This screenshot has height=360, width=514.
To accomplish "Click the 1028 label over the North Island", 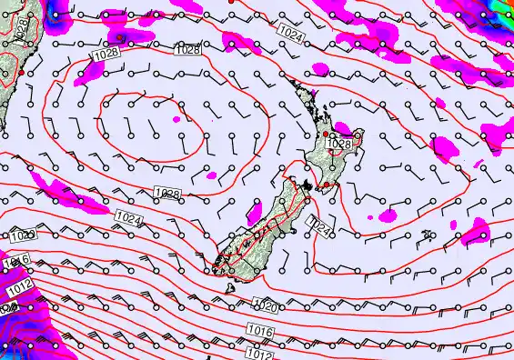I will tap(339, 144).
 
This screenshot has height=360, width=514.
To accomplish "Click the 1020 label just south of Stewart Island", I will tap(265, 306).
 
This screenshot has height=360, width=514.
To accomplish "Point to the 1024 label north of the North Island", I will tap(291, 34).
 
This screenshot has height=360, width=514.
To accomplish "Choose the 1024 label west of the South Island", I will tap(130, 219).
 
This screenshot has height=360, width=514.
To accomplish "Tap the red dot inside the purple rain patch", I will tap(120, 37).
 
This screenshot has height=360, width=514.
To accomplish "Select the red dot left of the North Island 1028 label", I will tap(326, 134).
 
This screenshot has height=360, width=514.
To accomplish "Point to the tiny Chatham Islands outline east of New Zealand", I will tap(427, 235).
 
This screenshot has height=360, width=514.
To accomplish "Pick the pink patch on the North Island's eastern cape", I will tap(345, 129).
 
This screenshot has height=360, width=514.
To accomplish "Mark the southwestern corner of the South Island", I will tap(214, 266).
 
